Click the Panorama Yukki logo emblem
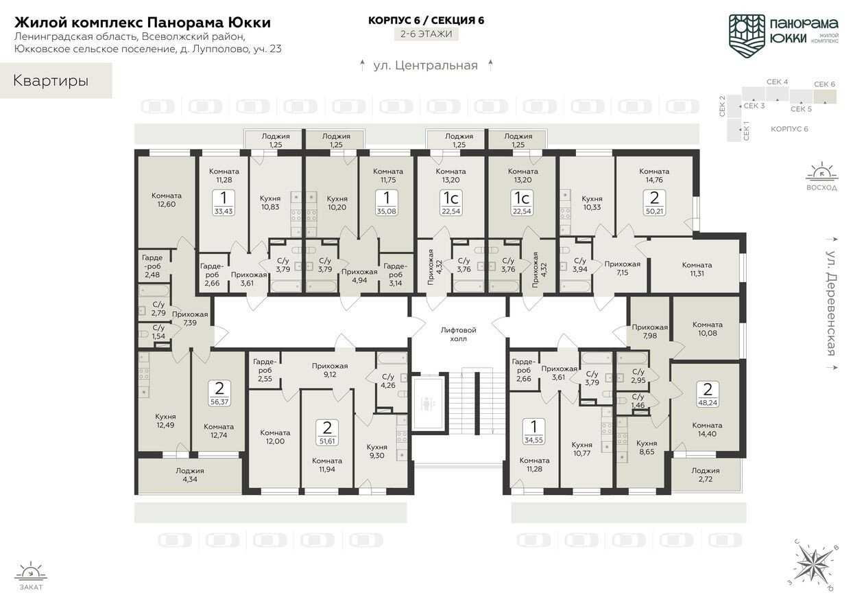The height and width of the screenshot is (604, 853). point(746,33)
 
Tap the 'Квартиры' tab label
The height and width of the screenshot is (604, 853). point(51,81)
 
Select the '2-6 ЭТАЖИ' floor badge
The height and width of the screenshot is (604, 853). point(426,34)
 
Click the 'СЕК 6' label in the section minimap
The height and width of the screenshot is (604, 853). point(824,84)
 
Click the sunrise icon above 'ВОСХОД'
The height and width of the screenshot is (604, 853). point(821,172)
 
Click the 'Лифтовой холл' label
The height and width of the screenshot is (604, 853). point(458,334)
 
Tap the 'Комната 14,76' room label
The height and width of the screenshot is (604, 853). point(654,176)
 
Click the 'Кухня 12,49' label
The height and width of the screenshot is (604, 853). point(165,421)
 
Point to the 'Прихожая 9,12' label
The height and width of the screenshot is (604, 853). point(330,371)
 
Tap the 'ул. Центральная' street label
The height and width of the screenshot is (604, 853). point(425,66)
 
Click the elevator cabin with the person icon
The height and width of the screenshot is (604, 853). point(427,403)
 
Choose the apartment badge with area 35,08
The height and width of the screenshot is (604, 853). point(387,202)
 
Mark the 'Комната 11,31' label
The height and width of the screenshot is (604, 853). point(697,270)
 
